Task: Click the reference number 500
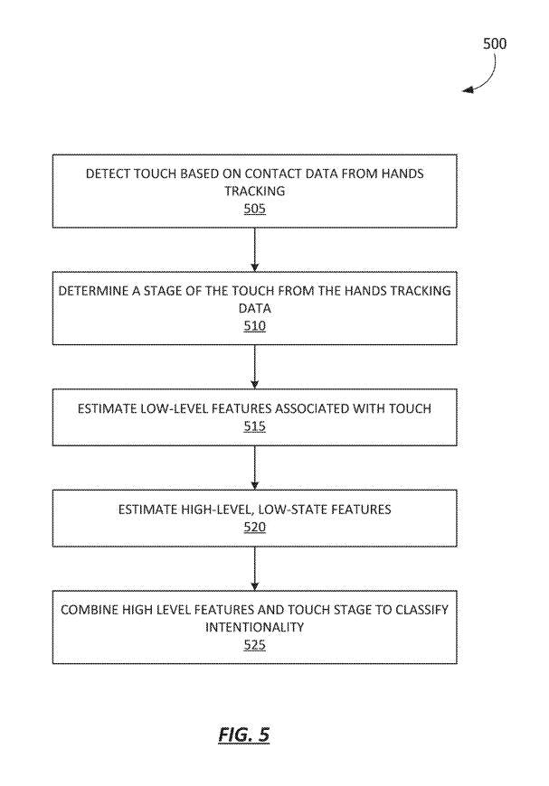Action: coord(495,43)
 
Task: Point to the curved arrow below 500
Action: coord(488,80)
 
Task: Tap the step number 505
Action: coord(254,208)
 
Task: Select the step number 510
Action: coord(254,326)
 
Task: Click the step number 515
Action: coord(254,426)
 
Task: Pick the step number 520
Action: coord(254,527)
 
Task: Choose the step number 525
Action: coord(254,645)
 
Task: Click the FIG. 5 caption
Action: coord(244,735)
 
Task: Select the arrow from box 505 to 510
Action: coord(254,249)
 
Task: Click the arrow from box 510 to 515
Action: coord(254,367)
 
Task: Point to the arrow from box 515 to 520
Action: coord(254,468)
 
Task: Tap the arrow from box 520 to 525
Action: coord(254,568)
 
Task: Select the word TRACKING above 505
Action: coord(254,191)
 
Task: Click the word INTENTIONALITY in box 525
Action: coord(254,627)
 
